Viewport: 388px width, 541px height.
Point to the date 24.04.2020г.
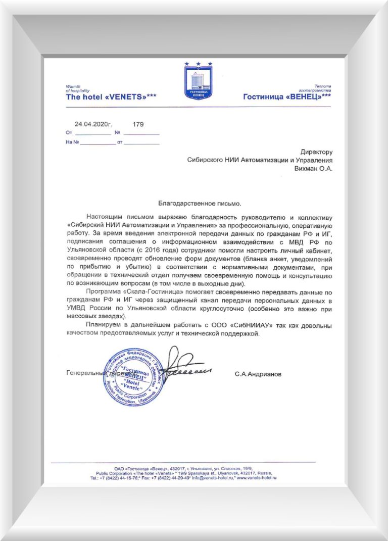[93, 124]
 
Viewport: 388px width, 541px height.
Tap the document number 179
[138, 124]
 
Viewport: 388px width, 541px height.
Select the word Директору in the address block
[316, 152]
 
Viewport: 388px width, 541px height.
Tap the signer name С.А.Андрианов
[259, 375]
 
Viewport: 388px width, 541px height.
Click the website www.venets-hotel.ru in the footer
[257, 477]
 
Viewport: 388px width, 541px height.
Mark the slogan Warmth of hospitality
[77, 88]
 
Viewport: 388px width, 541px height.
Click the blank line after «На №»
[98, 143]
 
